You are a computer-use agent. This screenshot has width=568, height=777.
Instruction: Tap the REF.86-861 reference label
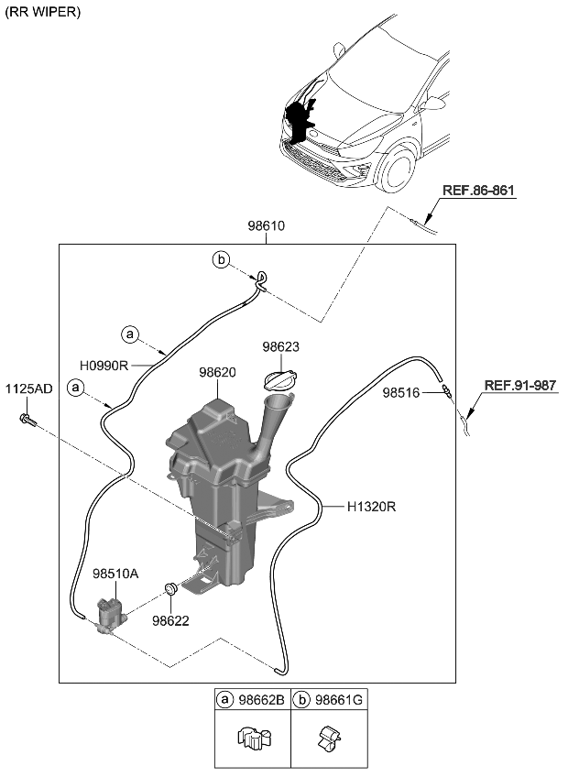coord(478,192)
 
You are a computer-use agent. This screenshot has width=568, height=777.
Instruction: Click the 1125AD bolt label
coord(29,388)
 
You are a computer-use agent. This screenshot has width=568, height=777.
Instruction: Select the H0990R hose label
coord(103,365)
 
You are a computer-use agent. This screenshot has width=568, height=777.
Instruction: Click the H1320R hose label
coord(371,506)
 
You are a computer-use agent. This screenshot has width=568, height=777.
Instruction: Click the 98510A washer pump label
coord(115,574)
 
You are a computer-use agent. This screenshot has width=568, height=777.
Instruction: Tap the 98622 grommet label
coord(170,619)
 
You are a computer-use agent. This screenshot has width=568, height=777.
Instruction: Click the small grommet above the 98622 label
coord(169,589)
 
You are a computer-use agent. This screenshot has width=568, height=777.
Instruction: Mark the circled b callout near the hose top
coord(221,260)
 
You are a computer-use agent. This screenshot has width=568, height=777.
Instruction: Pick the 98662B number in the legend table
coord(261,700)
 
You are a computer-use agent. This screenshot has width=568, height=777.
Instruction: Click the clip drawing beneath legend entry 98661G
coord(328,738)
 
